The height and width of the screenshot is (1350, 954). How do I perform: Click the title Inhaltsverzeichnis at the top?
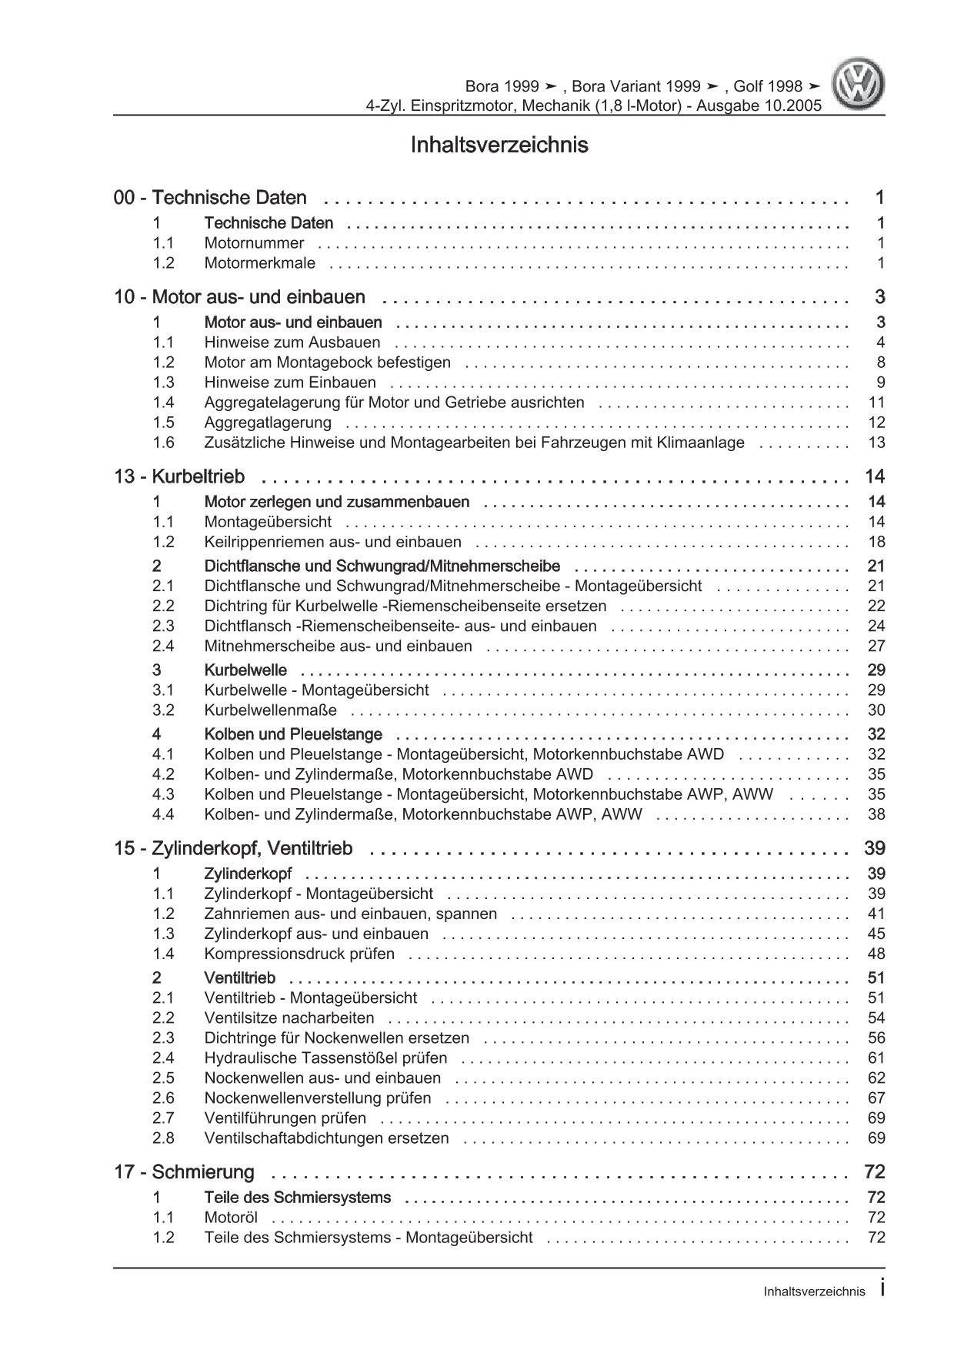[x=499, y=145]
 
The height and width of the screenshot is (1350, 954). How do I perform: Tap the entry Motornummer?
[x=254, y=243]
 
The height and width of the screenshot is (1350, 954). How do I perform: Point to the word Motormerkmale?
[x=259, y=263]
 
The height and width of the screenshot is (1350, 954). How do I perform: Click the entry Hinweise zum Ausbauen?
[x=292, y=343]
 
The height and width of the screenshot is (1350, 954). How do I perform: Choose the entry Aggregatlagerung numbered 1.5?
[x=268, y=423]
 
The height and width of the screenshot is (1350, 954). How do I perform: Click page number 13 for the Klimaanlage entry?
[x=876, y=443]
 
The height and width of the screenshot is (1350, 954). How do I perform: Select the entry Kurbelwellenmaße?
[x=270, y=710]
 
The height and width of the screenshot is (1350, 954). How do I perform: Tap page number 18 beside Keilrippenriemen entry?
[x=876, y=542]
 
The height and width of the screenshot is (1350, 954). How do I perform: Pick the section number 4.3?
[x=163, y=794]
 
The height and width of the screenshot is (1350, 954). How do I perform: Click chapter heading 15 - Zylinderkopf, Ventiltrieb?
[x=233, y=848]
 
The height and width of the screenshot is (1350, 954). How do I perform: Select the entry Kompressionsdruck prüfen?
[x=299, y=954]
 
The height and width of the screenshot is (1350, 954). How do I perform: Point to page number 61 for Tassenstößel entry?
[x=876, y=1058]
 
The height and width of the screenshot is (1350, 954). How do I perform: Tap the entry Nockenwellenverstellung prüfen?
[x=318, y=1098]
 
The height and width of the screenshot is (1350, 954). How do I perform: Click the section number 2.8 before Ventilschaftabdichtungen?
[x=163, y=1138]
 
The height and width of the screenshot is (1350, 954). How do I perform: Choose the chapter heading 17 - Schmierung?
[x=184, y=1172]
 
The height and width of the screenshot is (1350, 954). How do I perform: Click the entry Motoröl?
[x=231, y=1218]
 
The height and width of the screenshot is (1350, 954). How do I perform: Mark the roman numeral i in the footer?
[x=882, y=1290]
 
